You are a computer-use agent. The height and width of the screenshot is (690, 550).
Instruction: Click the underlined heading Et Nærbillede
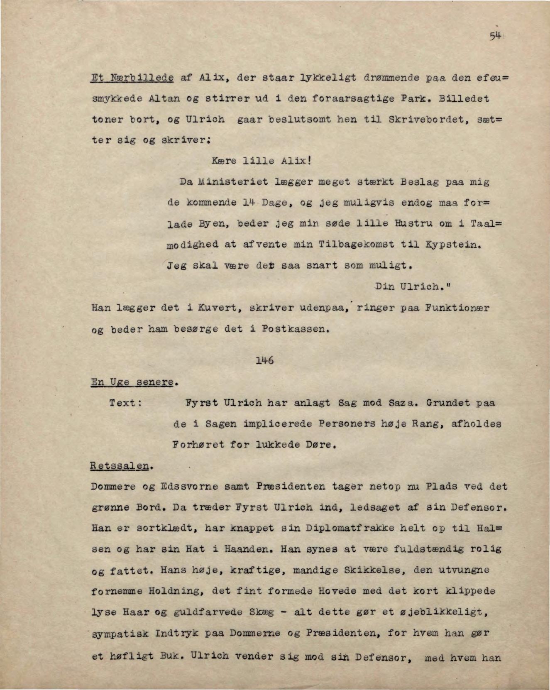click(x=132, y=78)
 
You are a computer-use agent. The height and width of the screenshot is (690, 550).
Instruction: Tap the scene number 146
click(x=264, y=360)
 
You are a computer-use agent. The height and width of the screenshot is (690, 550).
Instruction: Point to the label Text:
click(x=126, y=403)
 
